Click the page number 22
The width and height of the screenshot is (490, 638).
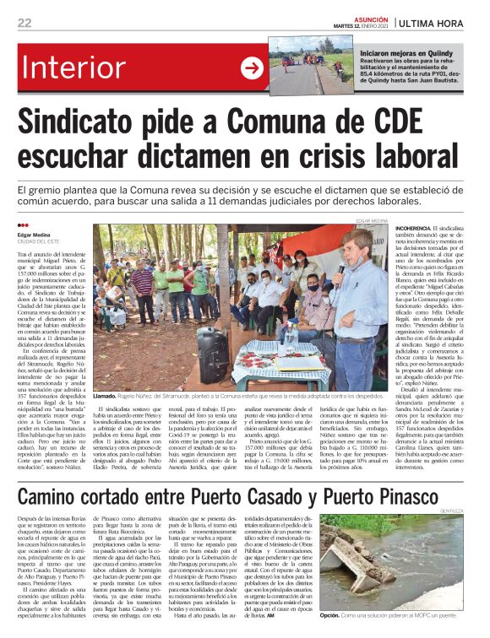tap(24, 23)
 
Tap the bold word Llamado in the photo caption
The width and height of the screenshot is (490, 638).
tap(105, 394)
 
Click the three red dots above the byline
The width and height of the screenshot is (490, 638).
tap(22, 225)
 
